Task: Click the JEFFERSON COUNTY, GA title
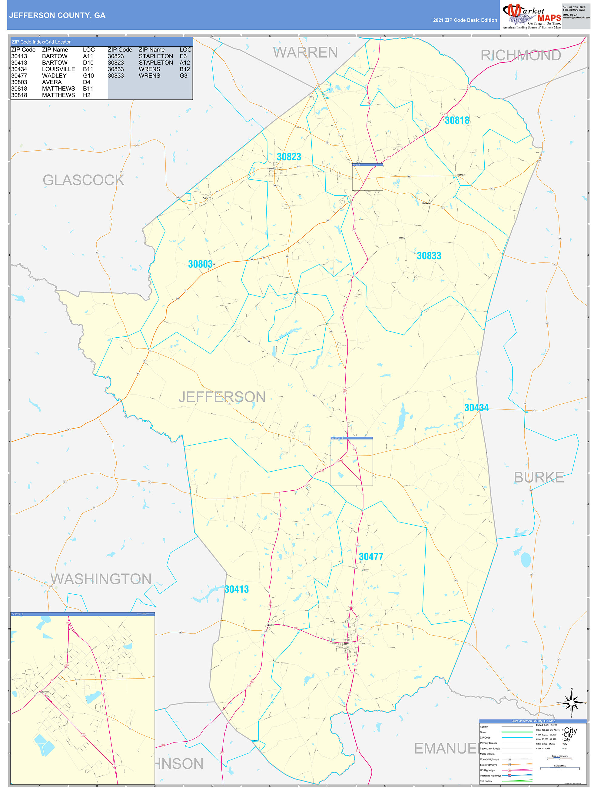(57, 15)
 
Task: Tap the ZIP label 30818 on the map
(457, 120)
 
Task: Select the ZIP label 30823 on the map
(289, 157)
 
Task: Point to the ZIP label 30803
(200, 264)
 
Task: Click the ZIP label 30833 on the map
(429, 256)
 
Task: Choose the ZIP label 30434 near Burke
(476, 408)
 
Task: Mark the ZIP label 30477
(371, 556)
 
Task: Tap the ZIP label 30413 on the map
(237, 589)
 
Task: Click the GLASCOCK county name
(83, 180)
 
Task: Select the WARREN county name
(306, 53)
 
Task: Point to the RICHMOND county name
(520, 55)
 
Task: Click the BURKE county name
(539, 478)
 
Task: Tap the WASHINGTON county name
(101, 579)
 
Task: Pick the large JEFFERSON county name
(222, 397)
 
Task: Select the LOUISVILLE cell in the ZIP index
(58, 69)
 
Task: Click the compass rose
(571, 703)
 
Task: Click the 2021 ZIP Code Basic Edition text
(465, 20)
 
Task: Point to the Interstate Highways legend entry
(490, 776)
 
